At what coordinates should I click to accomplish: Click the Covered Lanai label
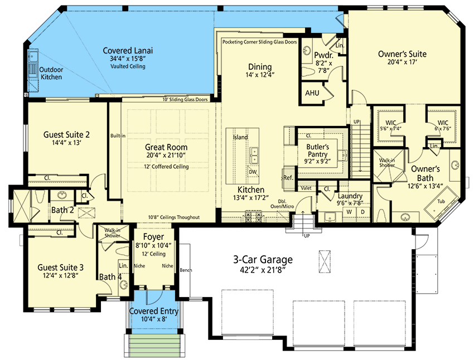(x=128, y=50)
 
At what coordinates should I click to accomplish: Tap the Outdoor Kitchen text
(x=51, y=74)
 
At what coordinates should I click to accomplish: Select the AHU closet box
(x=312, y=93)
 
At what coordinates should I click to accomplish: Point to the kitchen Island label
(x=240, y=137)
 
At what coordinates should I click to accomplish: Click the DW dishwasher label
(x=253, y=172)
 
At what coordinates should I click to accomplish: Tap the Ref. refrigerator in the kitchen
(x=288, y=177)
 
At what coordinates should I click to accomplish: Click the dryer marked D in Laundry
(x=363, y=212)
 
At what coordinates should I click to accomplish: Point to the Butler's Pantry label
(x=319, y=151)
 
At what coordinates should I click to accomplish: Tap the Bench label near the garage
(x=186, y=270)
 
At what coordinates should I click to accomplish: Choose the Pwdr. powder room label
(x=323, y=55)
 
